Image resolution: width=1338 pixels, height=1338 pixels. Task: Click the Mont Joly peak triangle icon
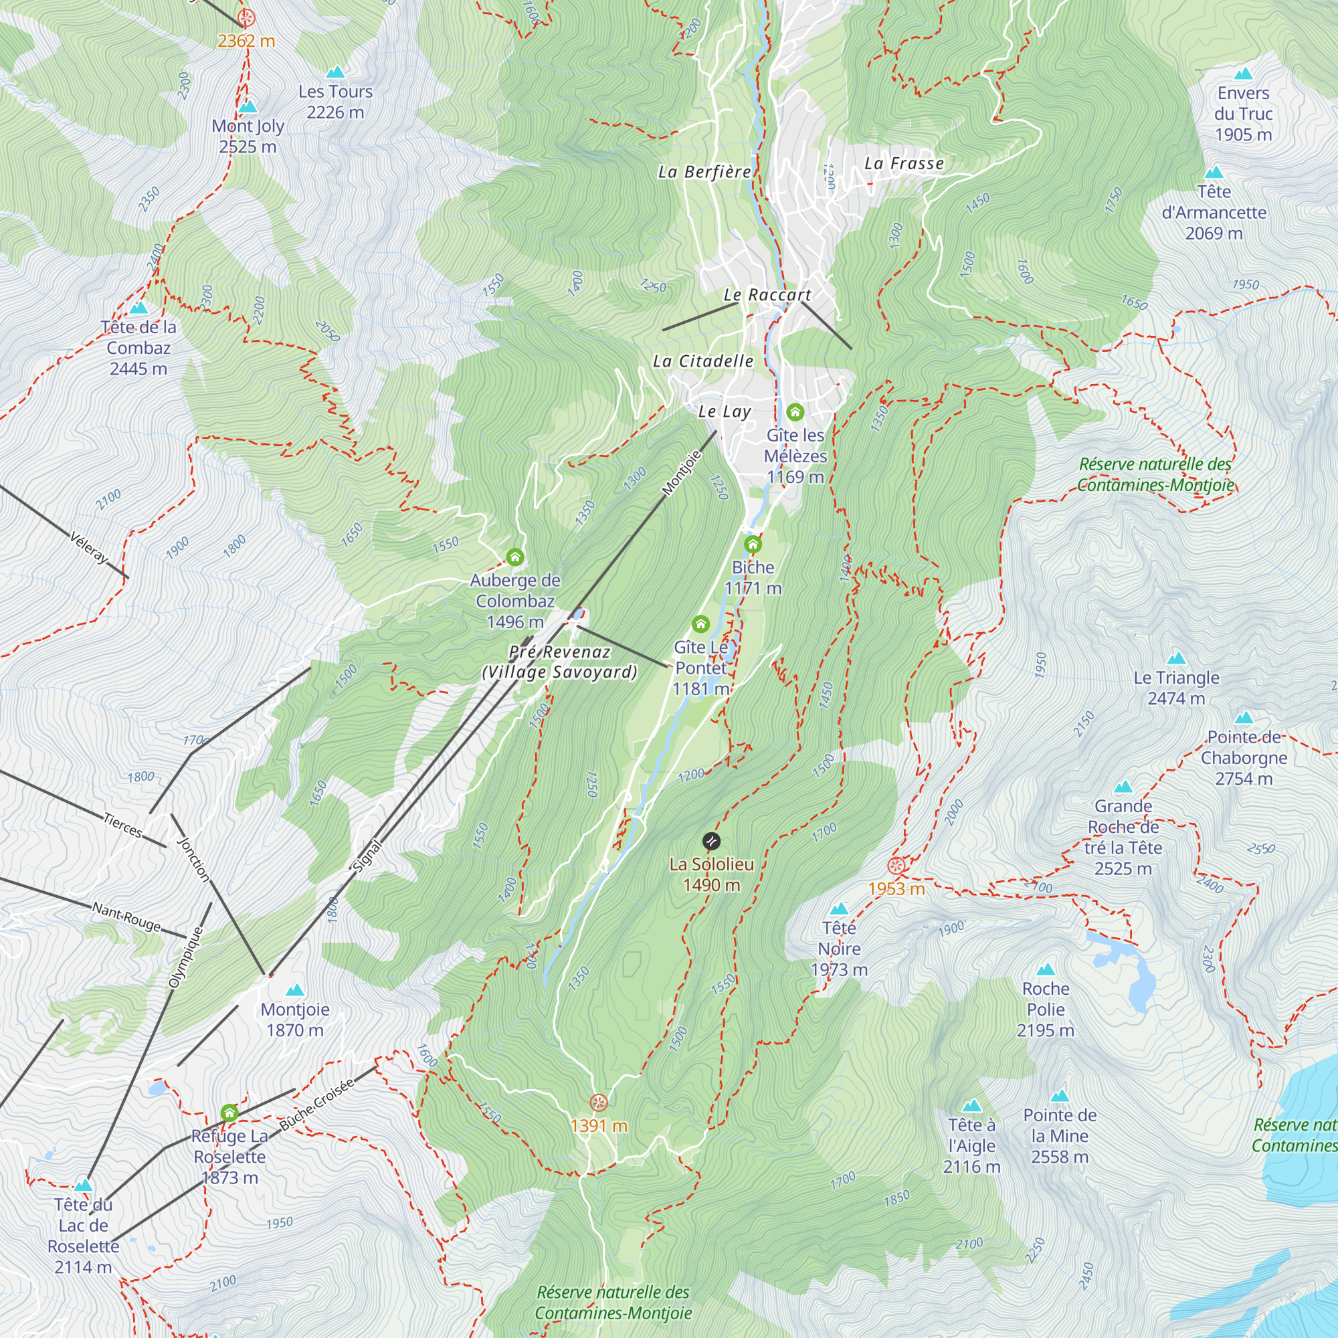coord(248,107)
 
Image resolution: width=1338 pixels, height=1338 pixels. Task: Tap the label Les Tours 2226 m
coord(335,102)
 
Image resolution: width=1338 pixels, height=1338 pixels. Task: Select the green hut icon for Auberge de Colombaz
coord(514,557)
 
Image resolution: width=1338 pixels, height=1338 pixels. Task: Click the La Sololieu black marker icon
coord(711,842)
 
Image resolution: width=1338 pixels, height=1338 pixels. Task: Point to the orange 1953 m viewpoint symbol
coord(896,866)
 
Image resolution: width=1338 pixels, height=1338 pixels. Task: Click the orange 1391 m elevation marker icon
coord(599,1103)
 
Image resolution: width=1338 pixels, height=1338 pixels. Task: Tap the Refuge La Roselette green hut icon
coord(230,1114)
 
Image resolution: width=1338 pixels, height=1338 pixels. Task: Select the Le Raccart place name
coord(767,295)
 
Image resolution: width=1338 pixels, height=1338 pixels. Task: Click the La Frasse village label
coord(904,163)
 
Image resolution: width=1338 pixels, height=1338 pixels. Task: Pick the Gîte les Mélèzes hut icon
coord(795,412)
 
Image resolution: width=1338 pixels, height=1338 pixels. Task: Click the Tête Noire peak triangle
coord(840,909)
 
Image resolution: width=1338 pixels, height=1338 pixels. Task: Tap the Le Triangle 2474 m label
coord(1177,688)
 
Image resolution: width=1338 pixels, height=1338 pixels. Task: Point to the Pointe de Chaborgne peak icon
coord(1244,717)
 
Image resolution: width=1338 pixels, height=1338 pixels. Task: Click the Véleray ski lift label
coord(90,547)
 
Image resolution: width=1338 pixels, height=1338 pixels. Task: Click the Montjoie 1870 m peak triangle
coord(295,989)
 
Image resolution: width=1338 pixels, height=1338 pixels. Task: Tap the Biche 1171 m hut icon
coord(753,544)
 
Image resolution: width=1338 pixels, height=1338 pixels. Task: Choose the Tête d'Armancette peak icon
coord(1214,173)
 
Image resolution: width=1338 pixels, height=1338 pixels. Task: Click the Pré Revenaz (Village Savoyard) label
coord(559,662)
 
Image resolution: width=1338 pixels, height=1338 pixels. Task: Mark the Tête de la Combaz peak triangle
coord(138,308)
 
